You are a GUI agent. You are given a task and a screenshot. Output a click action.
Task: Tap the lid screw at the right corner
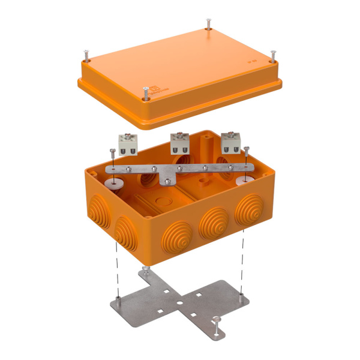pos(273,56)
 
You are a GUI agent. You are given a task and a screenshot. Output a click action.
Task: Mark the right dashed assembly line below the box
pos(242,264)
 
